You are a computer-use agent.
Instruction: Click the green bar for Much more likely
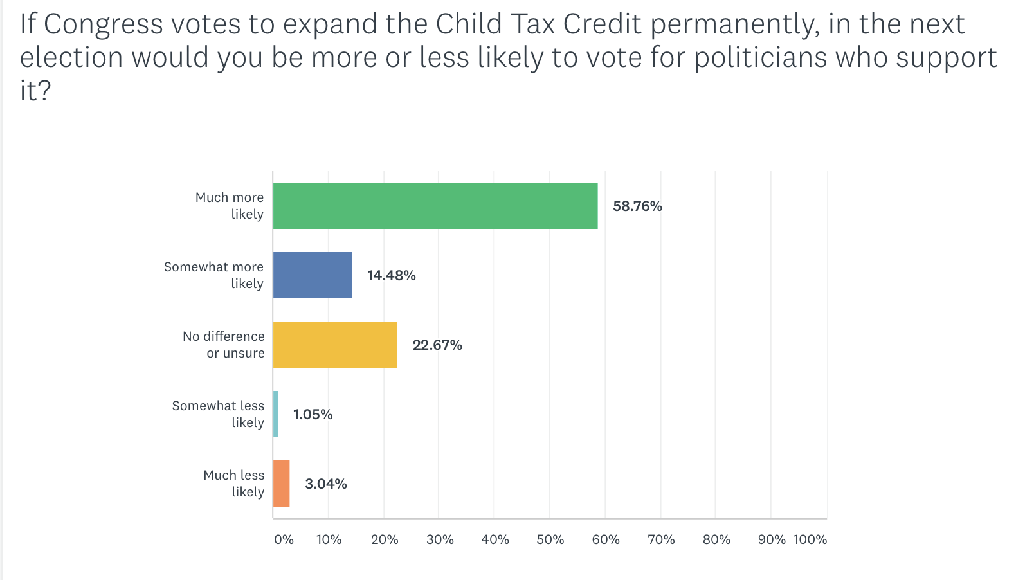coord(435,206)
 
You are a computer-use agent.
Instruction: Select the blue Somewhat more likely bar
coord(313,275)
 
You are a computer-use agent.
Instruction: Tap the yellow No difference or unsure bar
coord(335,345)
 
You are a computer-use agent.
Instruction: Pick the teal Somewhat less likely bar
coord(276,414)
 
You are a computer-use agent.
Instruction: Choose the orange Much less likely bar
coord(281,484)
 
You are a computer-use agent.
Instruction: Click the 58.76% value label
coord(637,206)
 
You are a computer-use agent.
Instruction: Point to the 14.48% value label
coord(391,276)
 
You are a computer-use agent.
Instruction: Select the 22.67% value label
coord(437,345)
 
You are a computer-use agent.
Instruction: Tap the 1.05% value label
coord(313,415)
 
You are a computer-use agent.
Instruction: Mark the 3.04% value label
coord(325,484)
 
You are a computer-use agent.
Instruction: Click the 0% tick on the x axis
coord(284,539)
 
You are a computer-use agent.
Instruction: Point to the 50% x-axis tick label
coord(550,539)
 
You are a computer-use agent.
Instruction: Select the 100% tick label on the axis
coord(810,539)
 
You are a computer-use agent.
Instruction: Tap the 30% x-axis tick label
coord(440,539)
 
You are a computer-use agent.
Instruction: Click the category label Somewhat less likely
coord(218,414)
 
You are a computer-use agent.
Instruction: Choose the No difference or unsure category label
coord(224,345)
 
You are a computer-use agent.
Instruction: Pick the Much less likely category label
coord(234,484)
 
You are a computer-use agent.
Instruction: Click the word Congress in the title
coord(103,24)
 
